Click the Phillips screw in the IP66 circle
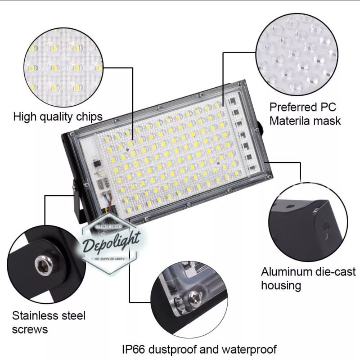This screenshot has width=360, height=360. point(195,297)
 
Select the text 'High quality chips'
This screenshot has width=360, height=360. point(58,117)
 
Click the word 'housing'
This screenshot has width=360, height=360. point(281,285)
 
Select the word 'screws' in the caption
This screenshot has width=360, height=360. point(30,329)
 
